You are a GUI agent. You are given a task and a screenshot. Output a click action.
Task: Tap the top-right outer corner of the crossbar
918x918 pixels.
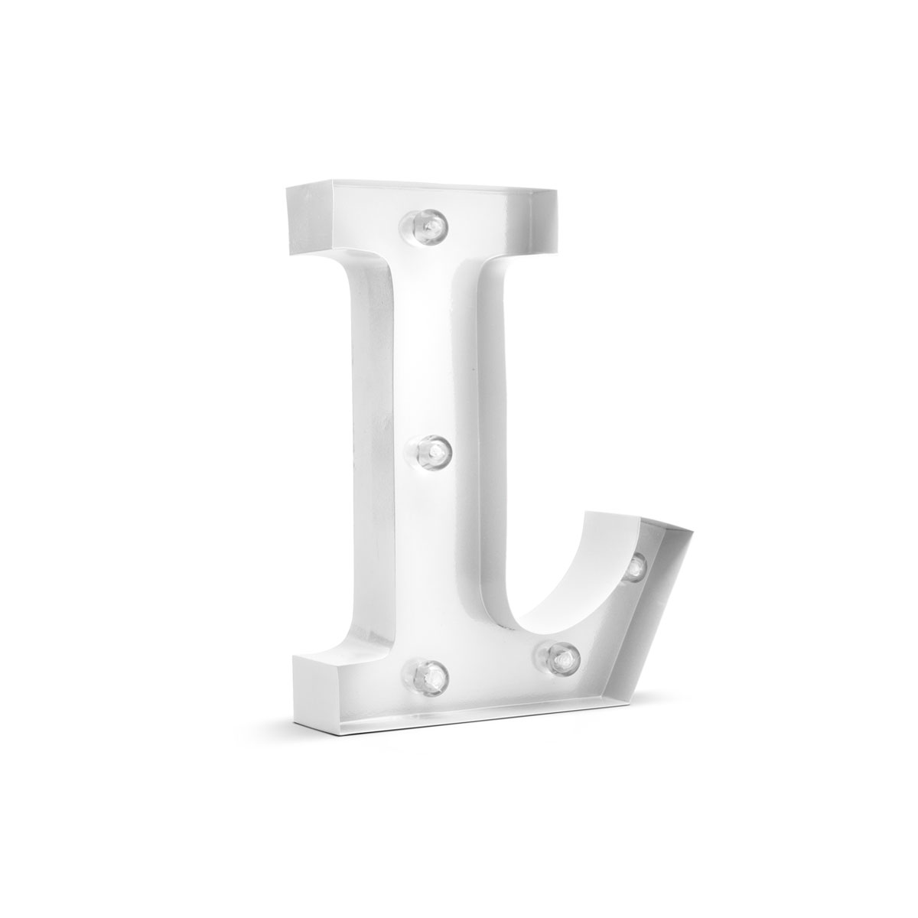tap(558, 190)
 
